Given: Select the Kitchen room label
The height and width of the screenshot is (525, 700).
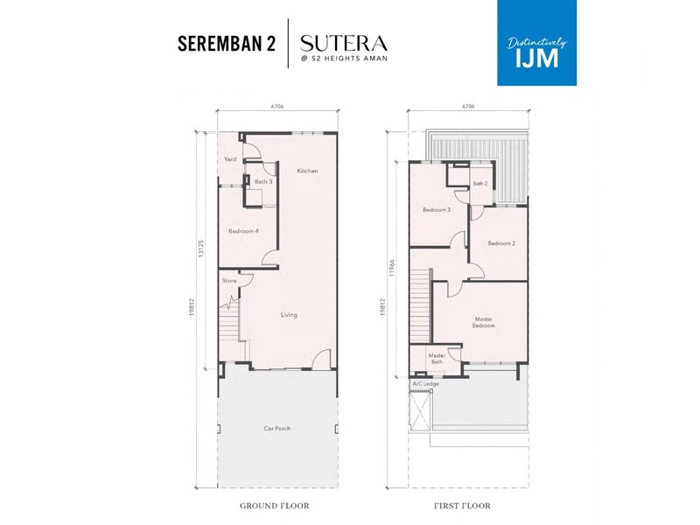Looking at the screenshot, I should (x=306, y=170).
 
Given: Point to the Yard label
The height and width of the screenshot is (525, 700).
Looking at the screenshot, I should (x=230, y=159).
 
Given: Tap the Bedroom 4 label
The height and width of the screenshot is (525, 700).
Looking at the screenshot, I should (x=242, y=231).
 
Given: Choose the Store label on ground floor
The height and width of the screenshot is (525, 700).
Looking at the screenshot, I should (x=229, y=281).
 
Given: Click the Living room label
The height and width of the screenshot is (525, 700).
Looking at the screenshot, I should (x=289, y=315).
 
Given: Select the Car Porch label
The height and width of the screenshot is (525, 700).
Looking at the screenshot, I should (x=277, y=428).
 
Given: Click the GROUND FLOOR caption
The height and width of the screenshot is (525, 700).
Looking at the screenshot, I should (x=276, y=506).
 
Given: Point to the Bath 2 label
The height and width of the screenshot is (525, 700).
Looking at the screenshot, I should (x=479, y=184).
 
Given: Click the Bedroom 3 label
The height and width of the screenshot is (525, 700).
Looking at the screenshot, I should (x=437, y=210).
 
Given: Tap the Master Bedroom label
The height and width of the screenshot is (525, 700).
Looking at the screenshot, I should (x=484, y=322).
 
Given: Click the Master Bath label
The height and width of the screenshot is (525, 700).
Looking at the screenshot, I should (x=437, y=358).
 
